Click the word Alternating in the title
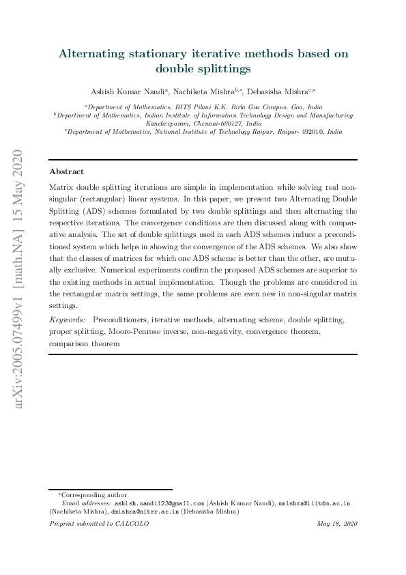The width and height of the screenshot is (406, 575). point(93,53)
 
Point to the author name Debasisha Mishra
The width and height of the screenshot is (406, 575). point(278,91)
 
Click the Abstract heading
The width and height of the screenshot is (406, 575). point(67,172)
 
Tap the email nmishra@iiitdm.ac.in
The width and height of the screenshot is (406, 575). point(315,503)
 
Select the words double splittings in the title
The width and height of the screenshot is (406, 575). point(203,68)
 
